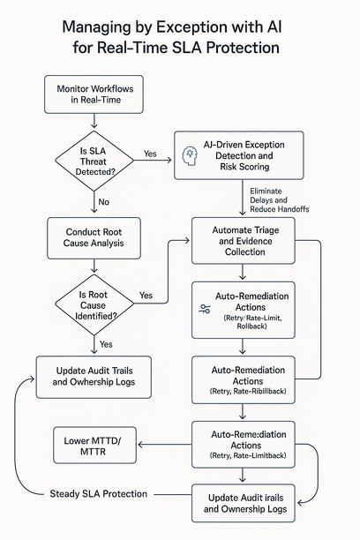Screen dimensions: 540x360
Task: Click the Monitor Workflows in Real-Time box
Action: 94,95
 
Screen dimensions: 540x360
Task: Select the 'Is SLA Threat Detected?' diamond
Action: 94,161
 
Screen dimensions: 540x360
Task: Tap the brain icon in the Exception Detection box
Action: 188,154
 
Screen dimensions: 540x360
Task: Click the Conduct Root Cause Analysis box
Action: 94,237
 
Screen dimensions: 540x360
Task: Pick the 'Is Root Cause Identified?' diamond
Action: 94,304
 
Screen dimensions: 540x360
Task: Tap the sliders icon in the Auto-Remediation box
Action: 205,309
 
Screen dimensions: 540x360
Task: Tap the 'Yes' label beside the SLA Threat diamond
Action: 150,154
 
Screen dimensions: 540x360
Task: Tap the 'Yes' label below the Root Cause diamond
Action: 107,343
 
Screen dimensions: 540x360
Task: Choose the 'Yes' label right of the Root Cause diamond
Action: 146,296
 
